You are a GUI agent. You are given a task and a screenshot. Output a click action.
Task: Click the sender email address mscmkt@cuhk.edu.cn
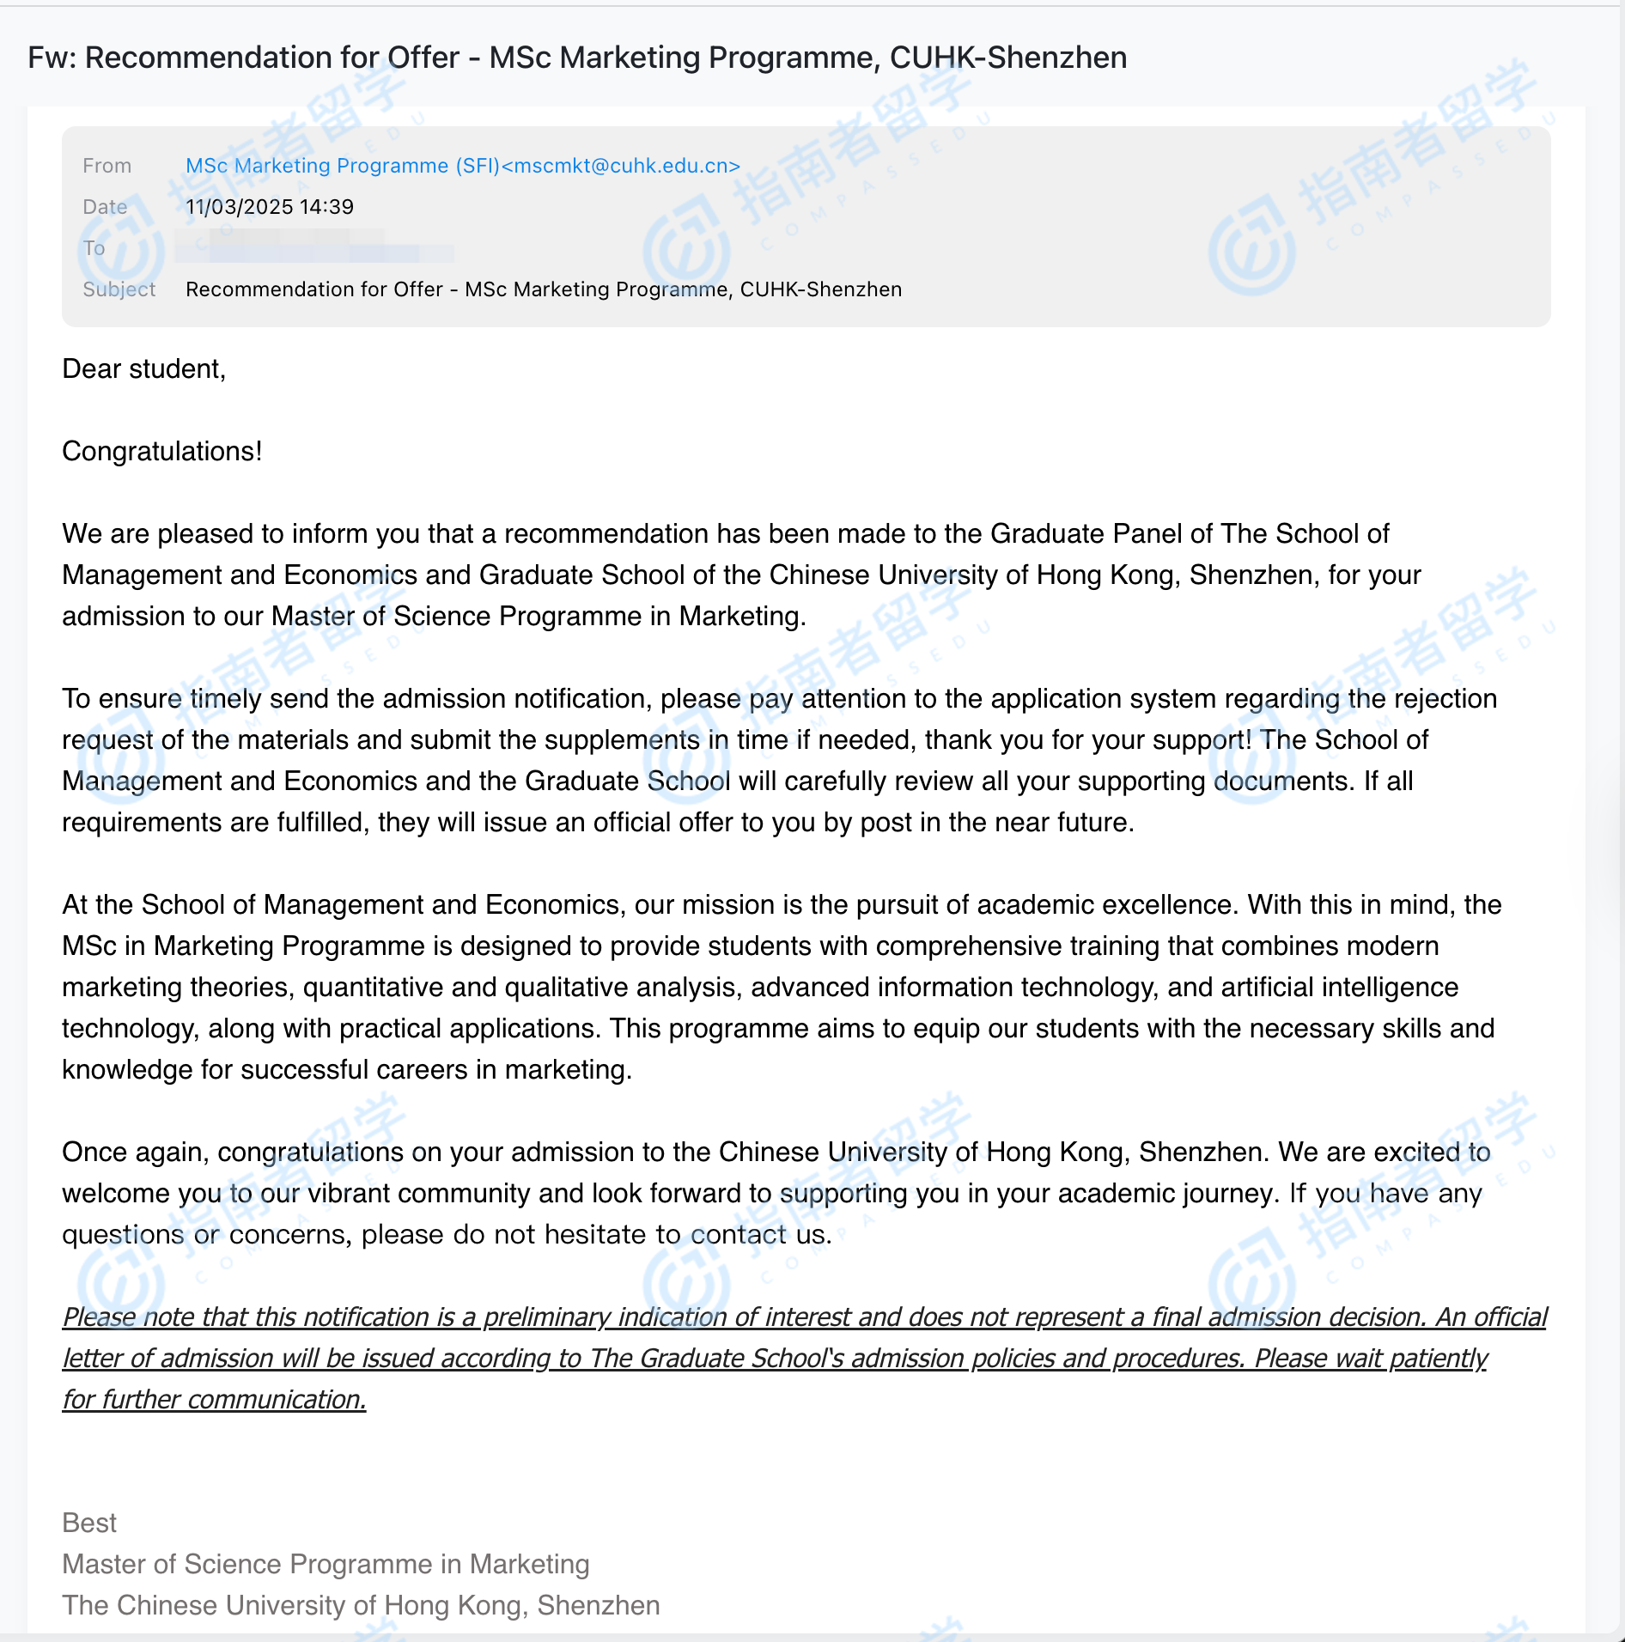pyautogui.click(x=620, y=166)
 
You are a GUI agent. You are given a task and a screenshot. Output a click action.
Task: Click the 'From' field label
pyautogui.click(x=107, y=166)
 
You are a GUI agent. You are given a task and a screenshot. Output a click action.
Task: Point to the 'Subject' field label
pyautogui.click(x=119, y=289)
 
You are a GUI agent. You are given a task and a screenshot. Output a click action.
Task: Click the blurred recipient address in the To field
pyautogui.click(x=313, y=248)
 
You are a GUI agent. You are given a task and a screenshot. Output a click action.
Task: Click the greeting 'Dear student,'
pyautogui.click(x=143, y=369)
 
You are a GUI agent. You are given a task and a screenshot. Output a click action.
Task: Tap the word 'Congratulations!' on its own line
pyautogui.click(x=161, y=452)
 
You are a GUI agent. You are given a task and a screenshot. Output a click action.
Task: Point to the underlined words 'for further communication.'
pyautogui.click(x=214, y=1400)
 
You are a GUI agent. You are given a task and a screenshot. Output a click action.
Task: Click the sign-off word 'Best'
pyautogui.click(x=89, y=1523)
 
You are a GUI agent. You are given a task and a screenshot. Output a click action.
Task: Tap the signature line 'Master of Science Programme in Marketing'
pyautogui.click(x=326, y=1565)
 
